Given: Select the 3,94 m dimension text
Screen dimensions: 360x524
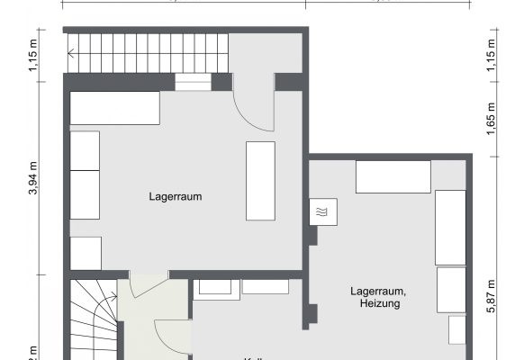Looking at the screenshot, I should (33, 177).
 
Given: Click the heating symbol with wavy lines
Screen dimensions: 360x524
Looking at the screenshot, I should (321, 211).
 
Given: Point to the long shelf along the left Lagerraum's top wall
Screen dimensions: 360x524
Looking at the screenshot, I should (115, 108).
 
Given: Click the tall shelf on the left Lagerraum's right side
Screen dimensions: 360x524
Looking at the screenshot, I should (260, 179).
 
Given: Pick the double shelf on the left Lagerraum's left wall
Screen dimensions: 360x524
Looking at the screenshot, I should (85, 175).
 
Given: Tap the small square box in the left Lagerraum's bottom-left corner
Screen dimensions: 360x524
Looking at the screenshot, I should (86, 252).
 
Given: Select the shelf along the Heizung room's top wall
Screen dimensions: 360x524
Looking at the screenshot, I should (393, 176).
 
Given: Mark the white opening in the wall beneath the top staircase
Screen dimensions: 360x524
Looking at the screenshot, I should (192, 82).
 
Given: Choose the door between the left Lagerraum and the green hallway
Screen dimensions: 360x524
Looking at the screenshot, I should (146, 283).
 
